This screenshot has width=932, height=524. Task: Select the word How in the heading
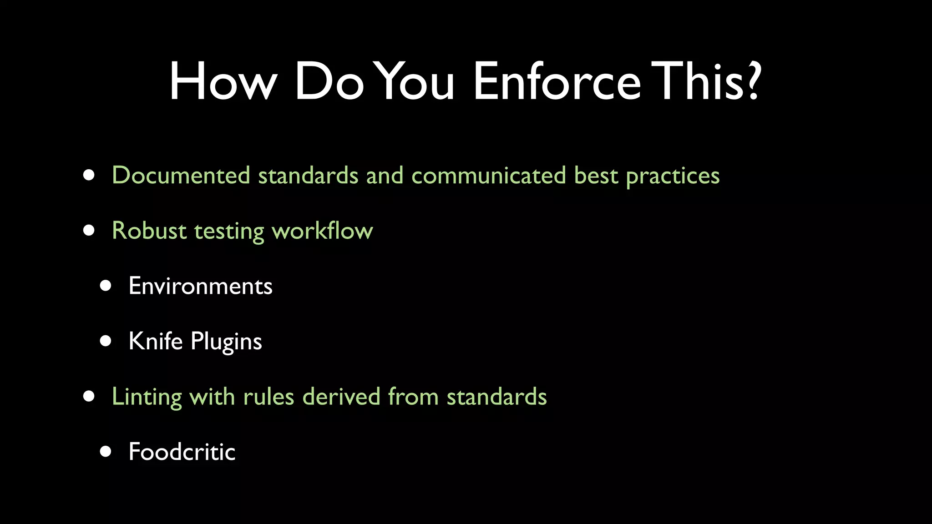click(x=223, y=82)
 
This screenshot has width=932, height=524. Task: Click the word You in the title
click(x=416, y=82)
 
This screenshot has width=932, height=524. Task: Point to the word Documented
click(x=181, y=176)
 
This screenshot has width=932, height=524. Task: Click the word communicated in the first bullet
click(x=488, y=176)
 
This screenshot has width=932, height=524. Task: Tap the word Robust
click(x=149, y=231)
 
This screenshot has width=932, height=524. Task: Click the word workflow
click(x=322, y=231)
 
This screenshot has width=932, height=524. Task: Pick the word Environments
click(x=200, y=286)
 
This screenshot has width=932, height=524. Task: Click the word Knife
click(x=156, y=341)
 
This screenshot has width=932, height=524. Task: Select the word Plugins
click(x=226, y=342)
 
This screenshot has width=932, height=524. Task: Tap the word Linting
click(x=147, y=397)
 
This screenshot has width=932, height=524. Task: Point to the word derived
click(x=341, y=397)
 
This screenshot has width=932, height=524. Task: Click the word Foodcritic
click(x=182, y=452)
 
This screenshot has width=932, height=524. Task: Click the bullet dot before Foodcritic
click(x=106, y=451)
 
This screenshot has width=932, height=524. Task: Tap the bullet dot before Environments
click(x=106, y=286)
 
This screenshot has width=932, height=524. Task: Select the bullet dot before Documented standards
click(x=89, y=176)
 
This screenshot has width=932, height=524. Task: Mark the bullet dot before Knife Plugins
click(x=106, y=341)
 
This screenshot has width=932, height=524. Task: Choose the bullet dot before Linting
click(x=89, y=396)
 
